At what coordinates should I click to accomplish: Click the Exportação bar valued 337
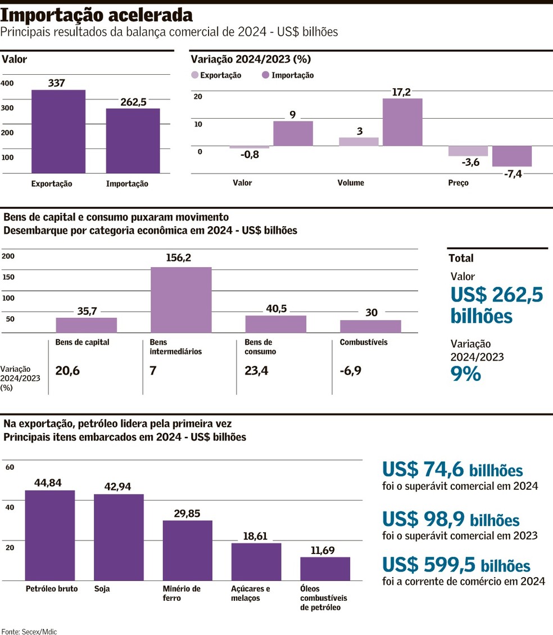pyautogui.click(x=58, y=132)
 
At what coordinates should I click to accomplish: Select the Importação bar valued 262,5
pyautogui.click(x=133, y=141)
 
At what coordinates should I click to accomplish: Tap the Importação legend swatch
pyautogui.click(x=265, y=75)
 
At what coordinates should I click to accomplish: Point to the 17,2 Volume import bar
pyautogui.click(x=402, y=122)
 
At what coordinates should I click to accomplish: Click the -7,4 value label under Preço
pyautogui.click(x=513, y=174)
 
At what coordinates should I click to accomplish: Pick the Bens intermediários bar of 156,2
pyautogui.click(x=181, y=300)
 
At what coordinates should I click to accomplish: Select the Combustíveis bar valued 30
pyautogui.click(x=370, y=326)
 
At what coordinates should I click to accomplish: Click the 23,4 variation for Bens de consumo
pyautogui.click(x=256, y=370)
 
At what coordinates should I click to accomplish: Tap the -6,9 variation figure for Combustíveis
pyautogui.click(x=351, y=370)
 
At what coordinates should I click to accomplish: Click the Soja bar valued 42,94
pyautogui.click(x=119, y=537)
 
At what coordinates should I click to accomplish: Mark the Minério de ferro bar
pyautogui.click(x=188, y=550)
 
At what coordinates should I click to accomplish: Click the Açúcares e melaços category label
pyautogui.click(x=251, y=593)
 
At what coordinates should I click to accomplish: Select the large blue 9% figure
pyautogui.click(x=466, y=374)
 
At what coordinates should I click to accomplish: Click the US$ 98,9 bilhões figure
pyautogui.click(x=451, y=519)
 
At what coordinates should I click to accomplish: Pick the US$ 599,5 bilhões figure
pyautogui.click(x=456, y=565)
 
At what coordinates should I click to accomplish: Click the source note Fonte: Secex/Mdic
pyautogui.click(x=29, y=632)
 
